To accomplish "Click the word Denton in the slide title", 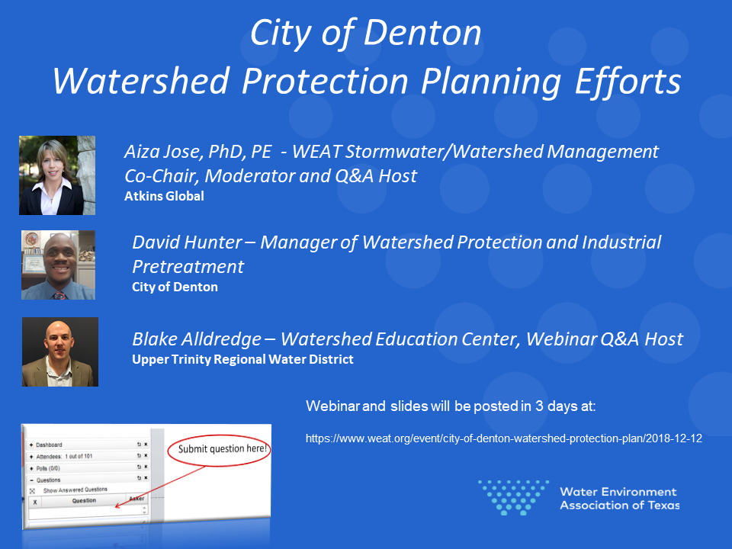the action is [x=422, y=33].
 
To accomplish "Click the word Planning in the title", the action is [x=490, y=82].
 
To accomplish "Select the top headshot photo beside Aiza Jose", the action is [x=57, y=175].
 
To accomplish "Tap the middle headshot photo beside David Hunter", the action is [x=59, y=265].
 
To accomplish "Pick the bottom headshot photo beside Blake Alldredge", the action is [x=60, y=352].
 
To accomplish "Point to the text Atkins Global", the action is [x=165, y=196].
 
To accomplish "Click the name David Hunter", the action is [x=188, y=242].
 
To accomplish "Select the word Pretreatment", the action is [x=188, y=267].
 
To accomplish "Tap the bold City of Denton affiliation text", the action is [x=175, y=287].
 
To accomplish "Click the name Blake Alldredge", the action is [x=197, y=339].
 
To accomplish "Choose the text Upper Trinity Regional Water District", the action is [x=242, y=359].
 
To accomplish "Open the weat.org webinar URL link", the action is [x=504, y=438].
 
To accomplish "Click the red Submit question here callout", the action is [x=220, y=450].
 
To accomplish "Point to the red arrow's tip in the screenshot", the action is [x=115, y=507].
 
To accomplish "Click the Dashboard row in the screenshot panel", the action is [x=88, y=445].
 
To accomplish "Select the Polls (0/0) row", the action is [x=88, y=467].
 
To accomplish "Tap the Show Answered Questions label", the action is [x=75, y=490].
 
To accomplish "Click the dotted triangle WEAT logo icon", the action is [x=513, y=497].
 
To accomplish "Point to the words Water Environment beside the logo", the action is [x=618, y=492].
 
